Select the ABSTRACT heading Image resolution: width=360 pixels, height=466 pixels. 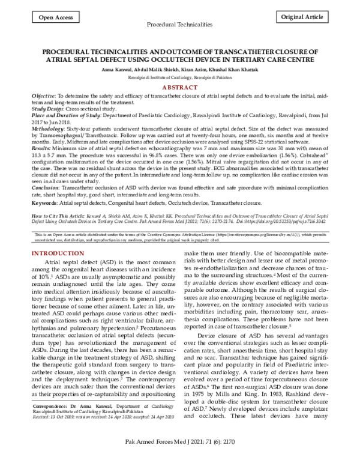[179, 87]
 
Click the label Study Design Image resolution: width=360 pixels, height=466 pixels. [49, 109]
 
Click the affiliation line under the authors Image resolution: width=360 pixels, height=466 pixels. [179, 77]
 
